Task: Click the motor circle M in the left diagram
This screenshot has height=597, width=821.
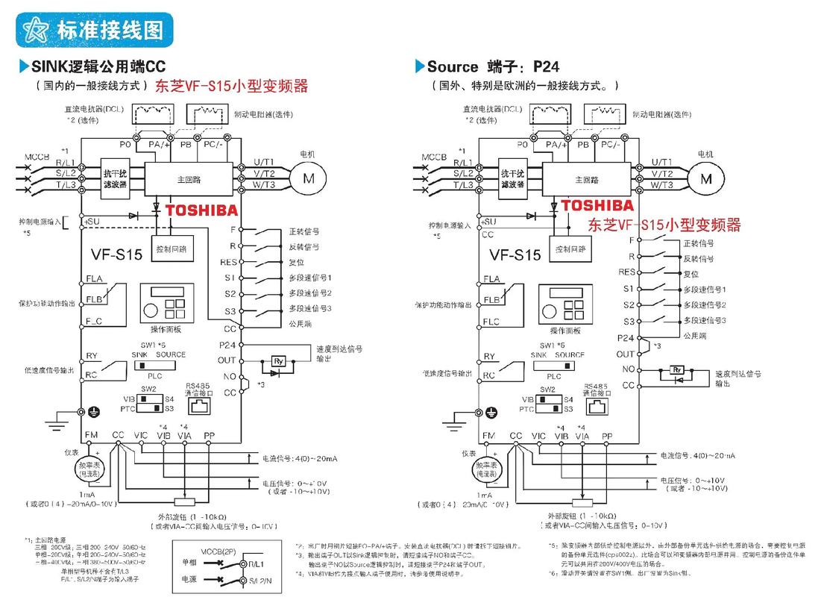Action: point(306,178)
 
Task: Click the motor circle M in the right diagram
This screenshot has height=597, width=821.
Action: point(705,178)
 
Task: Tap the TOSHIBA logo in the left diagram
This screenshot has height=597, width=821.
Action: point(201,210)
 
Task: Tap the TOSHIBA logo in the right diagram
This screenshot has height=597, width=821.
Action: point(597,205)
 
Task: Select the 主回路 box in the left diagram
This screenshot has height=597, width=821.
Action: point(186,179)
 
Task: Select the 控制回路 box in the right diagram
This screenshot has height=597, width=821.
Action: point(567,247)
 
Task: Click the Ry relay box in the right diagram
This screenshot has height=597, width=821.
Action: point(676,369)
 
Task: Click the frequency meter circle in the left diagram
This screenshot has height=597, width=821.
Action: point(92,469)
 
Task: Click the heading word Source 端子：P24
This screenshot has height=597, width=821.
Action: point(492,66)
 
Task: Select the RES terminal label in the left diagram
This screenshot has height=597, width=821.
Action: point(228,262)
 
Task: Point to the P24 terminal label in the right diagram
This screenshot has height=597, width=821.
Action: point(626,338)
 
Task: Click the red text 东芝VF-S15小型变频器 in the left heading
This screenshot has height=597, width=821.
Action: point(231,86)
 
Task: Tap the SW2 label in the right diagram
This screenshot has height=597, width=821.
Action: point(549,389)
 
